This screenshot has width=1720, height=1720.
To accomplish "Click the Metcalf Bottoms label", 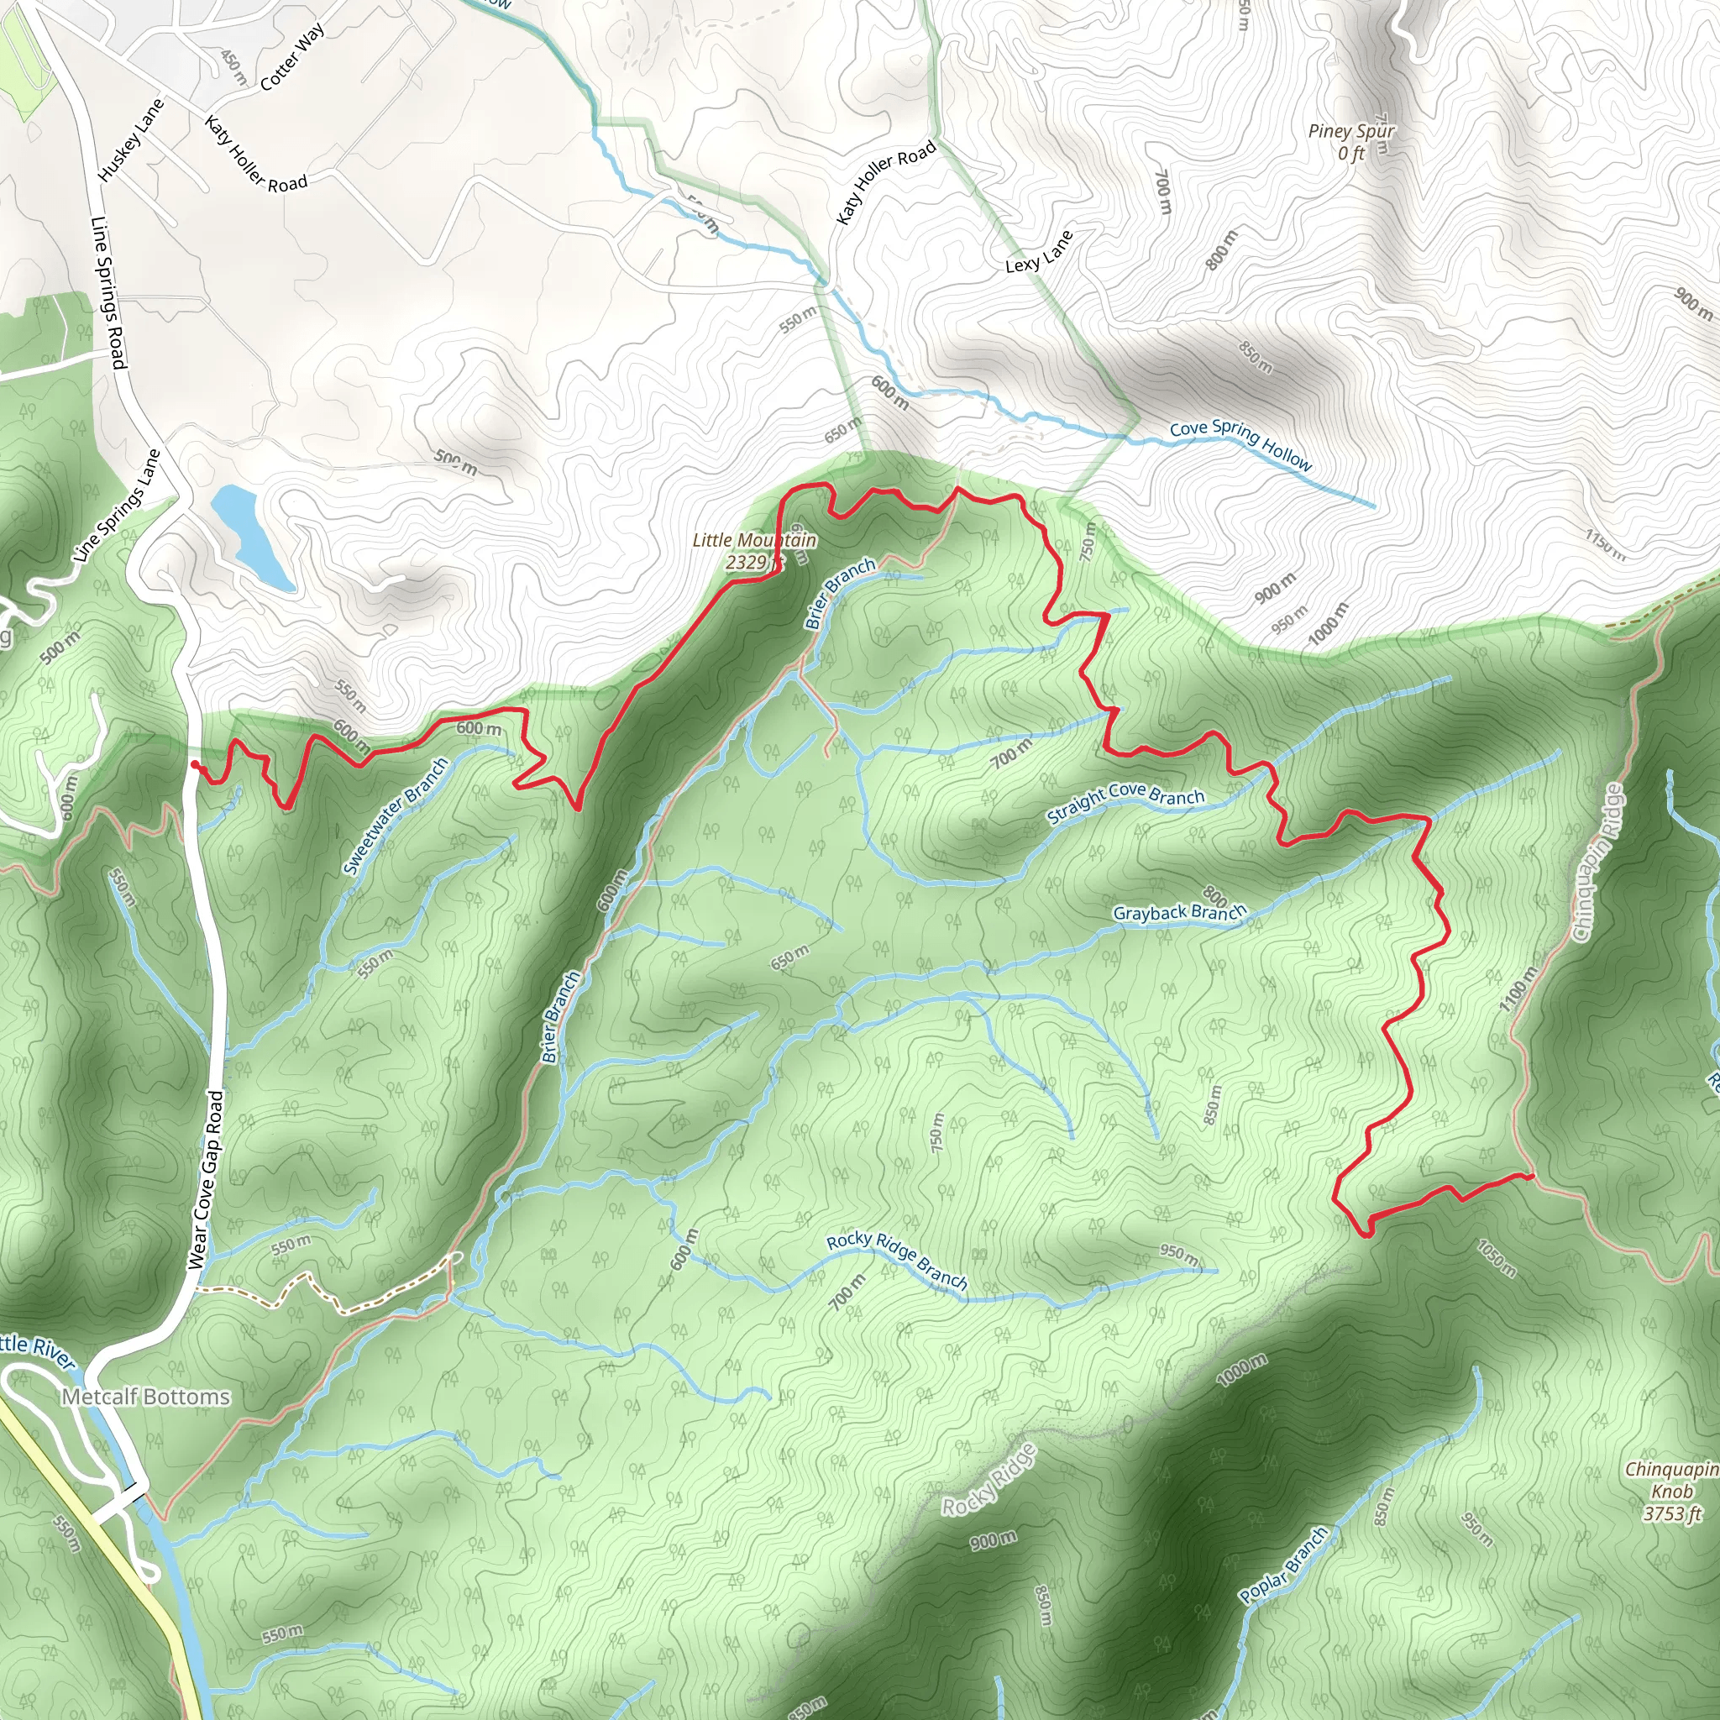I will pyautogui.click(x=145, y=1397).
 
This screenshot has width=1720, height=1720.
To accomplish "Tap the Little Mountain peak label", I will pyautogui.click(x=753, y=551).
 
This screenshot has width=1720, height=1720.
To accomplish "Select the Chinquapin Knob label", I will pyautogui.click(x=1671, y=1492).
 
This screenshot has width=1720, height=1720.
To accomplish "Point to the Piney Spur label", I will pyautogui.click(x=1350, y=140).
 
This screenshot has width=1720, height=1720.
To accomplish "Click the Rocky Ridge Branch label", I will pyautogui.click(x=896, y=1261).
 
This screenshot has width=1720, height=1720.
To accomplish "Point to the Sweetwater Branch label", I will pyautogui.click(x=396, y=815).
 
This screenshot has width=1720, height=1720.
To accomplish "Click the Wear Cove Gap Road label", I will pyautogui.click(x=205, y=1178).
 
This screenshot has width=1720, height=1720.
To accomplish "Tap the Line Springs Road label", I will pyautogui.click(x=108, y=292).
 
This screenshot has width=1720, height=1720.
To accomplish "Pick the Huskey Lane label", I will pyautogui.click(x=131, y=139).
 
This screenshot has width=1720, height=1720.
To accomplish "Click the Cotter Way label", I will pyautogui.click(x=292, y=57).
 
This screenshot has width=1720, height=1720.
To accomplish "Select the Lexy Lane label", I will pyautogui.click(x=1039, y=252).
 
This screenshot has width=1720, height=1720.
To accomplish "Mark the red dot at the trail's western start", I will pyautogui.click(x=195, y=764).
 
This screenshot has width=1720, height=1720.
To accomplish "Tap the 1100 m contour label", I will pyautogui.click(x=1517, y=989).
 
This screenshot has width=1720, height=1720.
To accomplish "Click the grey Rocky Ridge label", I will pyautogui.click(x=990, y=1480).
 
